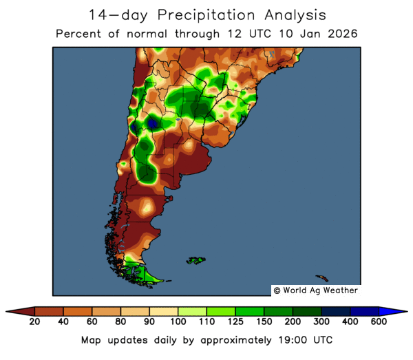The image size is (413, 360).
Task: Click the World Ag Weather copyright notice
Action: [315, 290]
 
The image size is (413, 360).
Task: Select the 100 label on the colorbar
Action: [178, 322]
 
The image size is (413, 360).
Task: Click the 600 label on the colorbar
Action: [379, 322]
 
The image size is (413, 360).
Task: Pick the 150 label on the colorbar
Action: [264, 322]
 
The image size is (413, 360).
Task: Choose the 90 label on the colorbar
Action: [149, 322]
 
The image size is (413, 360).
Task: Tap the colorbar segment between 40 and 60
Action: [78, 311]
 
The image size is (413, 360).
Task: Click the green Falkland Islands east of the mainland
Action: [196, 260]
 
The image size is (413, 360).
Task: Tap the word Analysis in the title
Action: [290, 14]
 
